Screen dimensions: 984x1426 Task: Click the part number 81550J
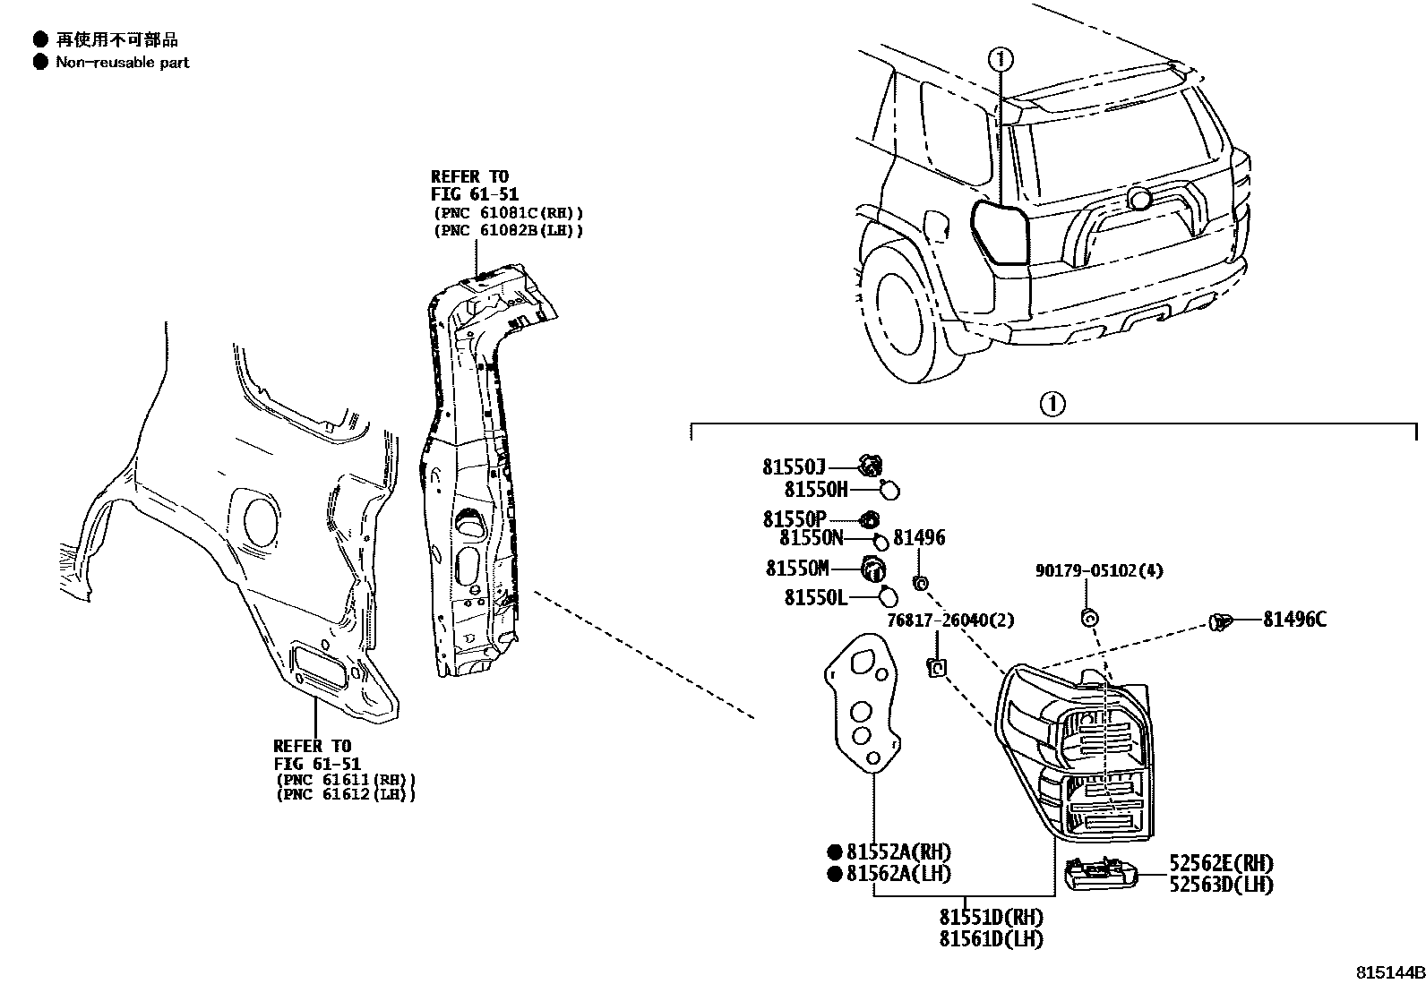794,466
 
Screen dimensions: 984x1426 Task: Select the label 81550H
815,489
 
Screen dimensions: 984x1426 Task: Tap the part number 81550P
794,519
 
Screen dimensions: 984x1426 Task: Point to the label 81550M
797,569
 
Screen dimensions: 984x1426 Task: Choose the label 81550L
815,597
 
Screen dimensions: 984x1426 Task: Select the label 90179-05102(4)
1099,570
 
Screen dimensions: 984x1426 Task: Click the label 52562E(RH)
1221,864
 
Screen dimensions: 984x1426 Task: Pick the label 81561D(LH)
991,938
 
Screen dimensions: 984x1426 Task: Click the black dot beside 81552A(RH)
834,852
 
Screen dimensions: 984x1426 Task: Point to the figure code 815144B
1388,972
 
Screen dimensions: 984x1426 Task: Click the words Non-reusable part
123,63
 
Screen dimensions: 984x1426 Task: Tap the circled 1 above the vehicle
1001,60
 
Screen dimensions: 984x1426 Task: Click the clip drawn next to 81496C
1221,620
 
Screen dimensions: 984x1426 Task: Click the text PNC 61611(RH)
345,779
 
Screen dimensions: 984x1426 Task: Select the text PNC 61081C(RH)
507,213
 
